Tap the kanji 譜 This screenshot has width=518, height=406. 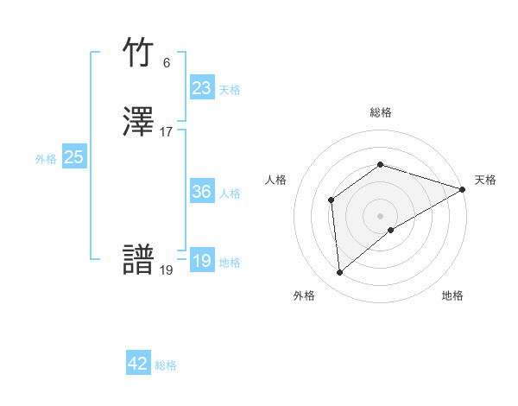click(139, 261)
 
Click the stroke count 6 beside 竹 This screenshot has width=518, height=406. click(167, 63)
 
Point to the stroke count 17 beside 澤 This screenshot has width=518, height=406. click(167, 132)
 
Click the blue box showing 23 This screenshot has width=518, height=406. click(201, 88)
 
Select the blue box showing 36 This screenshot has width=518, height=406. click(201, 192)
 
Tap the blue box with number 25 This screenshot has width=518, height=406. click(73, 157)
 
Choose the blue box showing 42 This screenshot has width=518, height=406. click(138, 365)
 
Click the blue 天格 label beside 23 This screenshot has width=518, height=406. click(230, 90)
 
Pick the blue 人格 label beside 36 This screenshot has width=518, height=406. click(230, 193)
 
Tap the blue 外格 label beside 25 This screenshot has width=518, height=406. click(46, 159)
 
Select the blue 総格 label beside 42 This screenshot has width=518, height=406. click(166, 366)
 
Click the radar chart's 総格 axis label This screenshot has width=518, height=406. click(381, 113)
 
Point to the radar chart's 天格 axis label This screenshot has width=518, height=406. click(485, 180)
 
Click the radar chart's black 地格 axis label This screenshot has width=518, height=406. click(452, 295)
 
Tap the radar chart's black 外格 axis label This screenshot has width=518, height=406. click(304, 295)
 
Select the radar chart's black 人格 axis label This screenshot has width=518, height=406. click(275, 180)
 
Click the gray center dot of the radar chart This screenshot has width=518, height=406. click(381, 215)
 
